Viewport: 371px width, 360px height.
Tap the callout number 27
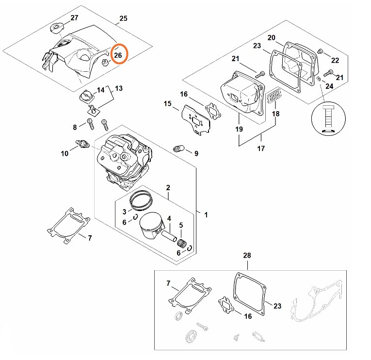74,18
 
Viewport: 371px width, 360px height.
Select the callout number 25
123,18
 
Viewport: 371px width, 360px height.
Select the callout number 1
206,214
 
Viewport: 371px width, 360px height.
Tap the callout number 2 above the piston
168,188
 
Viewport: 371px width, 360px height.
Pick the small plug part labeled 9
178,148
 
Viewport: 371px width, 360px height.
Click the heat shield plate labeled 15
194,122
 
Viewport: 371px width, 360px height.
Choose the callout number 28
247,255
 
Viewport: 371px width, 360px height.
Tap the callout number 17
261,148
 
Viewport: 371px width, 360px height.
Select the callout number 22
335,60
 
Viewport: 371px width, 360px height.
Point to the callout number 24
329,86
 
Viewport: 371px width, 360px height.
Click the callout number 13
119,88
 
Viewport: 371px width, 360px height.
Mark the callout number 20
272,37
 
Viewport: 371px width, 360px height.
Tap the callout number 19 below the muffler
238,129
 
